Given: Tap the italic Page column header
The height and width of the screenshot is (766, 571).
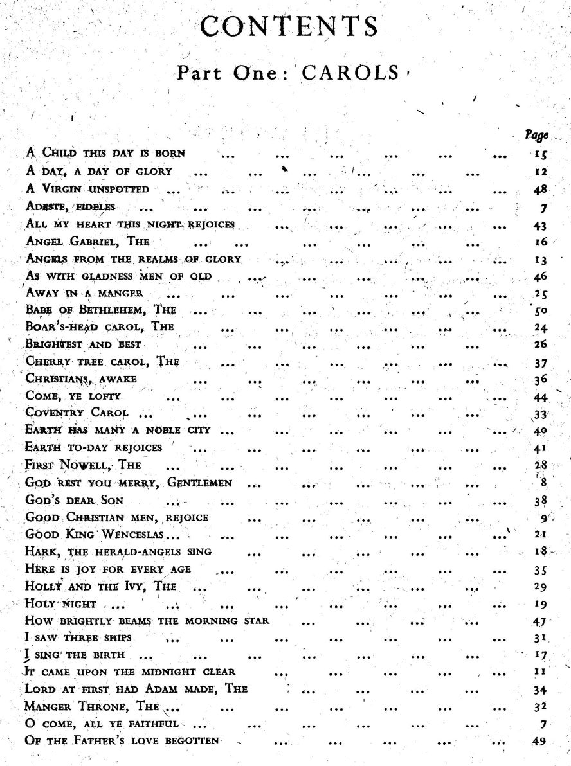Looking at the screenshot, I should [x=536, y=135].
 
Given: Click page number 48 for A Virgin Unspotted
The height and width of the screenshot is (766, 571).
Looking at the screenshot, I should [x=539, y=189].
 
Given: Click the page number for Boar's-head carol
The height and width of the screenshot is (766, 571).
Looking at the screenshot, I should [x=539, y=326].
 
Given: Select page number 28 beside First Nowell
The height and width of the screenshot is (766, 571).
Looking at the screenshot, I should [x=539, y=465].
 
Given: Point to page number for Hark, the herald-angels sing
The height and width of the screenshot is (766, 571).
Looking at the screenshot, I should [x=539, y=551].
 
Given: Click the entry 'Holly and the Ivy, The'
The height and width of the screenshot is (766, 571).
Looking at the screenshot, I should [x=100, y=587].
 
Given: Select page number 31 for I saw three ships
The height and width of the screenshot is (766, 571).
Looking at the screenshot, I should [x=539, y=639].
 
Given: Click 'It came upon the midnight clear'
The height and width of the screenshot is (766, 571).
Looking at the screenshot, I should [x=129, y=672].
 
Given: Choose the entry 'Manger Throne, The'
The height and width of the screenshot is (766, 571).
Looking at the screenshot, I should [x=91, y=707].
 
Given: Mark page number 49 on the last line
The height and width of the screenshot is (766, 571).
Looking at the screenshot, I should [x=539, y=741].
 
